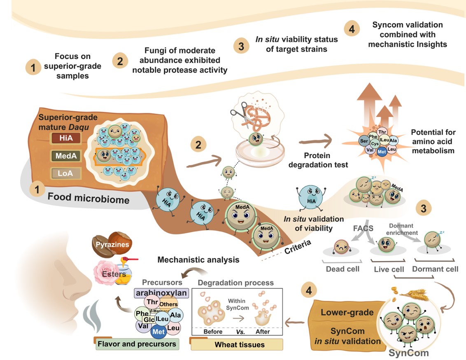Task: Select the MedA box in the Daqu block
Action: [x=66, y=156]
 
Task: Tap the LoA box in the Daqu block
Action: [x=66, y=173]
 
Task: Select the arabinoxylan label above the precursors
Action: [x=161, y=293]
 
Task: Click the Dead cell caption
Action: [x=343, y=269]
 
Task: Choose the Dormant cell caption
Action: [x=435, y=269]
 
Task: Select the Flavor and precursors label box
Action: [x=137, y=344]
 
